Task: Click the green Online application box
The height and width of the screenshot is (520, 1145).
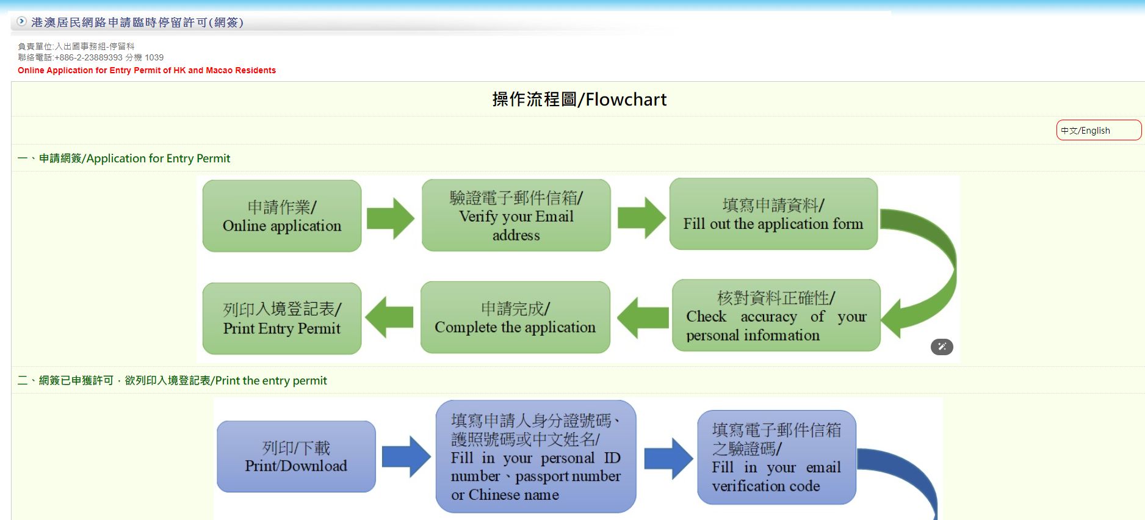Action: pos(282,216)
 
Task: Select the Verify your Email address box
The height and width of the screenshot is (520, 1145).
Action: pos(516,215)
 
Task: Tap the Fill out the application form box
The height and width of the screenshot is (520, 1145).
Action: pos(773,214)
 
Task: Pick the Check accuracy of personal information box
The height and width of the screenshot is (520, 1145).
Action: pos(776,316)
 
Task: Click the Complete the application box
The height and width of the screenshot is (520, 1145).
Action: pos(515,317)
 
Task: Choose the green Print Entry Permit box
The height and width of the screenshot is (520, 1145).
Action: pos(282,319)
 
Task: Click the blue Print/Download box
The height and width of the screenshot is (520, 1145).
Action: pos(296,457)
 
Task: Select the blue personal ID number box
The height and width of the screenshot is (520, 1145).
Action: pos(536,457)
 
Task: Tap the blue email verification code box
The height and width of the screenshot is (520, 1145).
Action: pos(776,457)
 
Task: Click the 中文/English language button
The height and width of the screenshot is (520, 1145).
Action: pos(1098,130)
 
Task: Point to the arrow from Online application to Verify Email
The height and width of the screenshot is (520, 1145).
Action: pos(391,218)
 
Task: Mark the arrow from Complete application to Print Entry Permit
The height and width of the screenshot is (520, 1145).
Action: pos(389,317)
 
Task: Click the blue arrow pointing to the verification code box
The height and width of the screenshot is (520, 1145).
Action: pos(668,458)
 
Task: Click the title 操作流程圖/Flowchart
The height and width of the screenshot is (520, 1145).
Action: pos(579,99)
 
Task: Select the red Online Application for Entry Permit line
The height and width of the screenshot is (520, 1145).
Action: pos(146,70)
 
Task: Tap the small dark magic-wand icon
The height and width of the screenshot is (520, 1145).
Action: pos(942,347)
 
